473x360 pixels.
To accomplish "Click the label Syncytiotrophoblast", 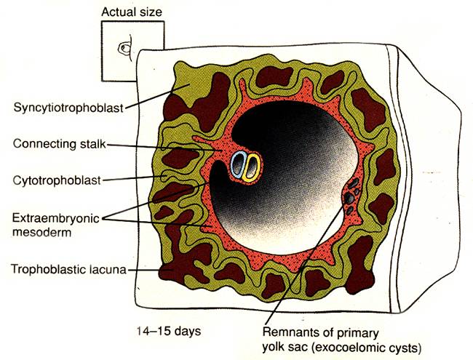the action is (69, 108).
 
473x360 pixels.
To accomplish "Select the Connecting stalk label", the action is (60, 144).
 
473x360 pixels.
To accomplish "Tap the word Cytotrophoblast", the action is (57, 180).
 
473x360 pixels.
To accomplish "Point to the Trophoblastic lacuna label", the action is (68, 269).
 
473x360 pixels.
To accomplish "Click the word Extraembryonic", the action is (56, 218).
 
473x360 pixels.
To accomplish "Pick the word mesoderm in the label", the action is (41, 232).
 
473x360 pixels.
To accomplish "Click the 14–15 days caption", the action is (169, 331).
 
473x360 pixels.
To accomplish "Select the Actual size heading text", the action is (132, 12).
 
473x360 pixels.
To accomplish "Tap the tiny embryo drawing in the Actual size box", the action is (125, 48).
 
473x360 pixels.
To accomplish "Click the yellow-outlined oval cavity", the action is (252, 168).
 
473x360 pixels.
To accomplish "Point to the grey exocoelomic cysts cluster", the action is (352, 196).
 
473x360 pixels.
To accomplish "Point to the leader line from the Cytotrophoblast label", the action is (132, 178).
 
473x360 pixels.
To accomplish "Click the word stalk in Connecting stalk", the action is (93, 144).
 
